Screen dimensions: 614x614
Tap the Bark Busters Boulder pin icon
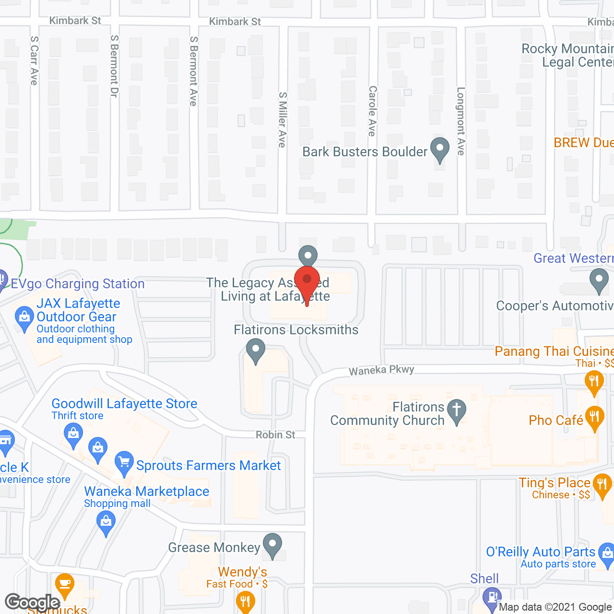coord(439,149)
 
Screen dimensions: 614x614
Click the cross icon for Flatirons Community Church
coord(457,411)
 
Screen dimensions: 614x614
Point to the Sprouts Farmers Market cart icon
coord(124,463)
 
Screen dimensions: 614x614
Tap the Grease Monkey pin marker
coord(272,545)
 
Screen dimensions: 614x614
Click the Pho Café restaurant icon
coord(594,418)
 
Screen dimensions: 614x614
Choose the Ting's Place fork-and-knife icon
coord(602,485)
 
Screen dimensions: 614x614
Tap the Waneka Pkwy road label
coord(381,370)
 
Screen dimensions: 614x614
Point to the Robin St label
coord(275,435)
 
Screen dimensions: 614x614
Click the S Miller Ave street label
coord(283,119)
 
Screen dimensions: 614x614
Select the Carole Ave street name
coord(372,111)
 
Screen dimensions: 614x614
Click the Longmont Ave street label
coord(461,121)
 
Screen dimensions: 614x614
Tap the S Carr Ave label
coord(34,60)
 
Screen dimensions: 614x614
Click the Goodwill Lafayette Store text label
coord(124,403)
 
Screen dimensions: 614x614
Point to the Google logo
coord(32,602)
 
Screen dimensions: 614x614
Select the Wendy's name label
coord(242,572)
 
